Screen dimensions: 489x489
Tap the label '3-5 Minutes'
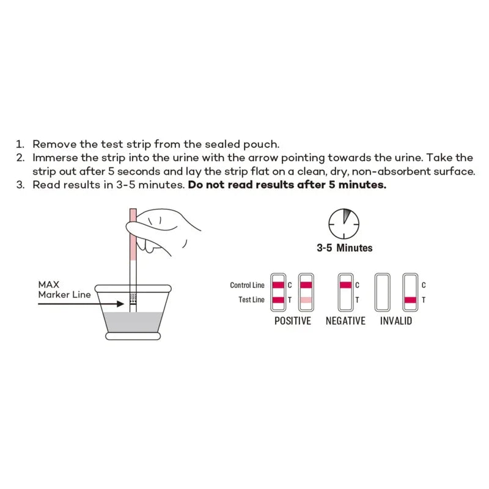click(344, 248)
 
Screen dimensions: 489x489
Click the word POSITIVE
click(292, 321)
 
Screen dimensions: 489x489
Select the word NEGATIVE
click(345, 321)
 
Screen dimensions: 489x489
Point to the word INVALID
click(396, 321)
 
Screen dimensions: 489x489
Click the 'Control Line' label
click(248, 285)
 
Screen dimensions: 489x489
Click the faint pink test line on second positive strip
click(306, 300)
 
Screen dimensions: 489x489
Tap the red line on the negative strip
click(345, 285)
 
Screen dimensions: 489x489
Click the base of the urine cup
click(133, 336)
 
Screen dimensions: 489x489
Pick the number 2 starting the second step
click(20, 158)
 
